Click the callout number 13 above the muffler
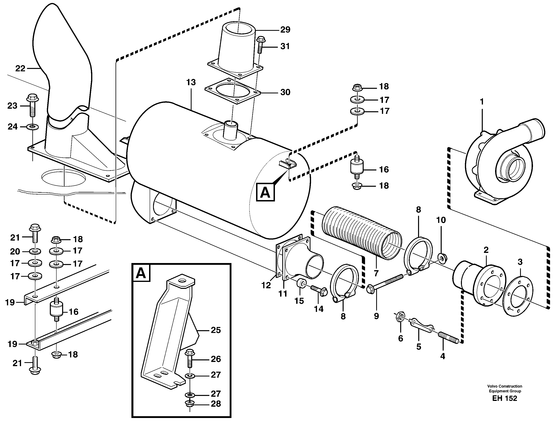[x=191, y=82]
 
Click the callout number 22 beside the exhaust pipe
[x=20, y=69]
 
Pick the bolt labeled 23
[x=32, y=106]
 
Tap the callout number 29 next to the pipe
[x=285, y=30]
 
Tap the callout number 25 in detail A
[x=216, y=330]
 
